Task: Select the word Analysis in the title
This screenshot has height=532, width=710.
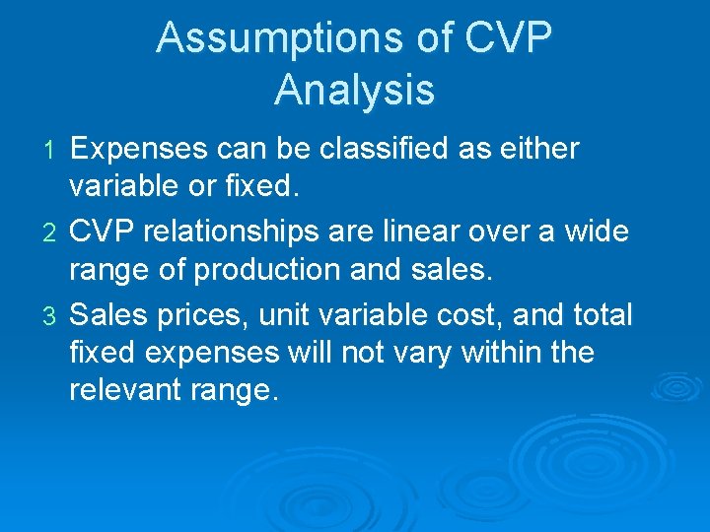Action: pyautogui.click(x=354, y=90)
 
